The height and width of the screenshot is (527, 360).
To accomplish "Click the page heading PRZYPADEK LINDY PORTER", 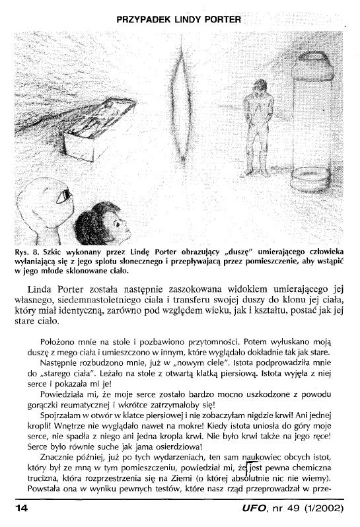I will click(x=180, y=19).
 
